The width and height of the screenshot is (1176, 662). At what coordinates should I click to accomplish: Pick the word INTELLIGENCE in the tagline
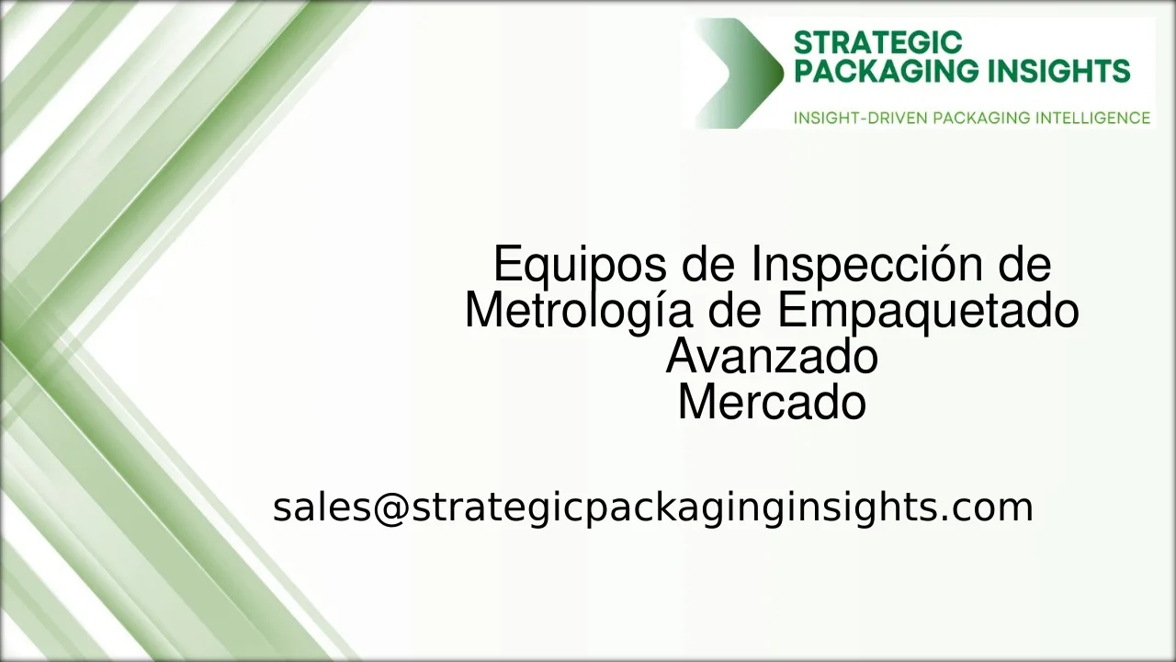tap(1092, 118)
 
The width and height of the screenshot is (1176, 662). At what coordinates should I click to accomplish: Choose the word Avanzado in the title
tap(772, 357)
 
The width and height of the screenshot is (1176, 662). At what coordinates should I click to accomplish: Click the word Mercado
tap(772, 403)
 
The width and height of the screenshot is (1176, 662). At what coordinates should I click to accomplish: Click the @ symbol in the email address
tap(391, 508)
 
